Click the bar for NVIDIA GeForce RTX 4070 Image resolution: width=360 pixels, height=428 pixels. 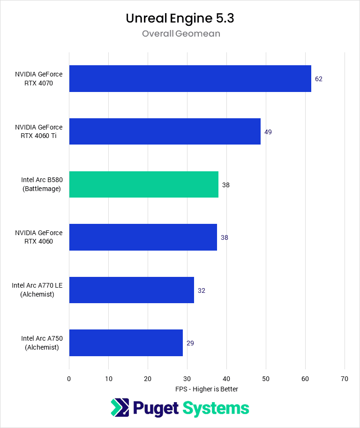coord(190,78)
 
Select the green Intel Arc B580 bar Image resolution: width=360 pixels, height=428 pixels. coord(143,184)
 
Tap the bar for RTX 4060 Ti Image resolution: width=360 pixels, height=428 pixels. coord(165,131)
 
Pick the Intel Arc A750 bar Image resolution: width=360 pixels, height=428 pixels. coord(126,343)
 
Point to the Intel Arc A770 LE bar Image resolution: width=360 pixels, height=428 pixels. coord(131,290)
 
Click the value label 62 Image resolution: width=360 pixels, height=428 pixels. coord(319,79)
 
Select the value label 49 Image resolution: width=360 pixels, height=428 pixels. coord(268,132)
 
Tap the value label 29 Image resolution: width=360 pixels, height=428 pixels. coord(190,343)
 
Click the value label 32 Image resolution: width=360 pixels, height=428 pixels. coord(202,290)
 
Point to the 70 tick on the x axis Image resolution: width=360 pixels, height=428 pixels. coord(345,379)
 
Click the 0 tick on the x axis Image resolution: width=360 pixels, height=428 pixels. coord(69,379)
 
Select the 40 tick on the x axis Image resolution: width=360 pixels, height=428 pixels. coord(226,379)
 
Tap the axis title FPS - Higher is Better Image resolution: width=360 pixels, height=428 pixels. coord(207,389)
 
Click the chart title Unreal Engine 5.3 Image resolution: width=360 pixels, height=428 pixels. coord(180,18)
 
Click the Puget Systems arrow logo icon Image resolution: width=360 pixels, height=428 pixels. coord(120,408)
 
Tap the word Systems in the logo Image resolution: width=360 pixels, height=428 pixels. coord(216,408)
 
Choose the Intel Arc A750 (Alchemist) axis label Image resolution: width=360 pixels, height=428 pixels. coord(42,343)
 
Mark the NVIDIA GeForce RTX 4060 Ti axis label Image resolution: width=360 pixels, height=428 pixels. coord(38,131)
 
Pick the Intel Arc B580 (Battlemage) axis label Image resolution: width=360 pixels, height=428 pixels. coord(42,184)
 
